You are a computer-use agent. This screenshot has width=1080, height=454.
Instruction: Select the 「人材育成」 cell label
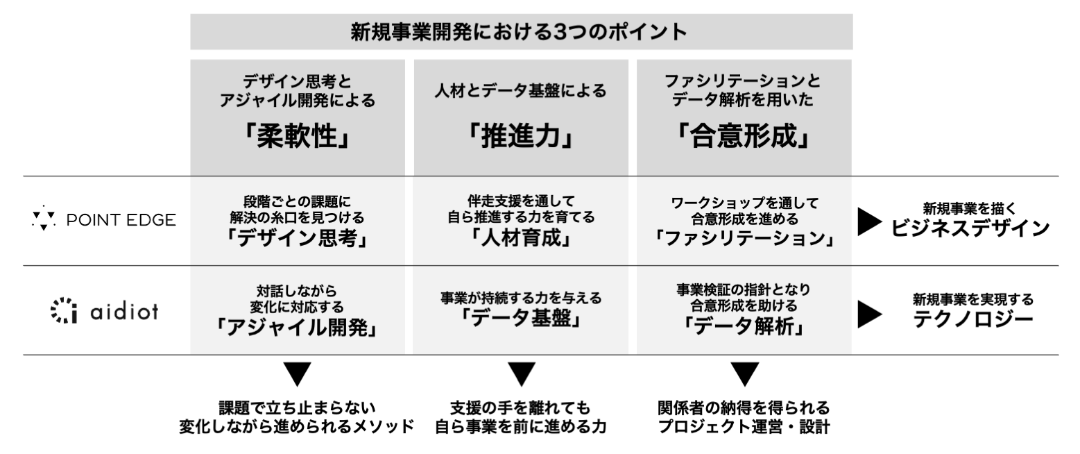click(x=520, y=239)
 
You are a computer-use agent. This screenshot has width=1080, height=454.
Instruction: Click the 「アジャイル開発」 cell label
click(x=297, y=328)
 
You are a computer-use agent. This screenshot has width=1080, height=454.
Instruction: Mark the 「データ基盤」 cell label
click(x=520, y=321)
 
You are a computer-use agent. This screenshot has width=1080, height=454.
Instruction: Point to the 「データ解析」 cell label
click(x=744, y=326)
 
